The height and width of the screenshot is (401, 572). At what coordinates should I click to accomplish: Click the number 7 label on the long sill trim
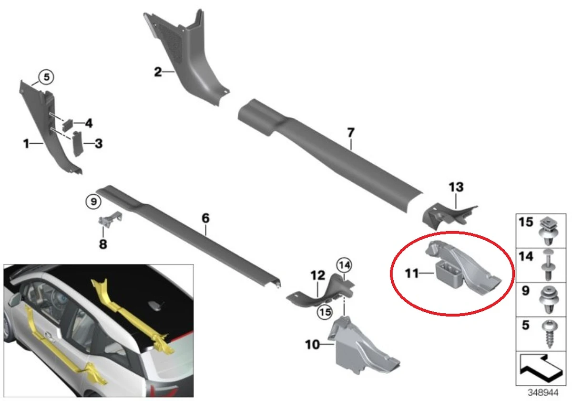351,132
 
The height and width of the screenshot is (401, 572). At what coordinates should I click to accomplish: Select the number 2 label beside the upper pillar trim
158,73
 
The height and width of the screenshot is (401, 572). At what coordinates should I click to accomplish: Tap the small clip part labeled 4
68,123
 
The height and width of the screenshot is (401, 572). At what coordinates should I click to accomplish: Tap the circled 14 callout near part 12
345,264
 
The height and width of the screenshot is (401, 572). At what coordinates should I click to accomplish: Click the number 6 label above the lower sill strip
205,218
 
